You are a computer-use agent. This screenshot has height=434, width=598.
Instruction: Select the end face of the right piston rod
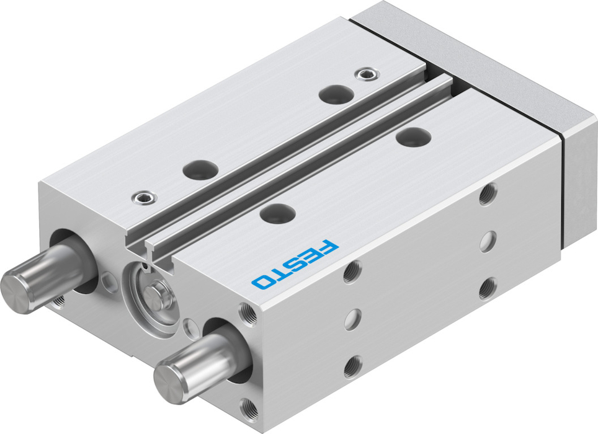[168, 383]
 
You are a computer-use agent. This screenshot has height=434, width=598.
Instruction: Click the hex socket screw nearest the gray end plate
[367, 74]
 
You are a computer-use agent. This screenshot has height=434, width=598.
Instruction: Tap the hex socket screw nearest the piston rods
[144, 197]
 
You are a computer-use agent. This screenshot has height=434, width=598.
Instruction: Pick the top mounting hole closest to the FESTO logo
[277, 213]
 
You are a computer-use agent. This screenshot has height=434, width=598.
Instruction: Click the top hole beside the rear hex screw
[337, 94]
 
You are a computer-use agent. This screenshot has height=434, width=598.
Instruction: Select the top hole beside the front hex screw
[200, 170]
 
